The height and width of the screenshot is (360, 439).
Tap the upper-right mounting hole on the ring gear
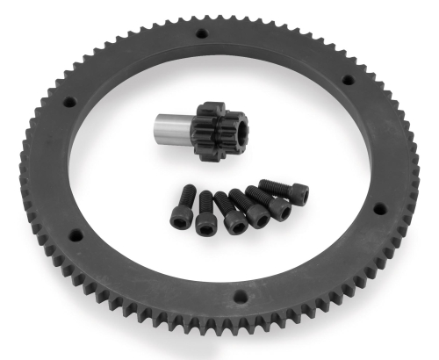pyautogui.click(x=347, y=80)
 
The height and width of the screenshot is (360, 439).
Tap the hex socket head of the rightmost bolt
pyautogui.click(x=299, y=194)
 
